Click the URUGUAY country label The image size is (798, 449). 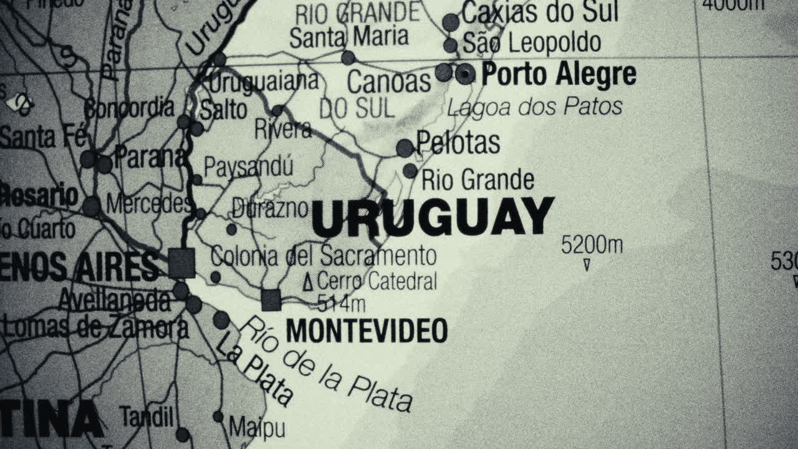[x=433, y=218]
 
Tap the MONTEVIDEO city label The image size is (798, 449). [x=367, y=331]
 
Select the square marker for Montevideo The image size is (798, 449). [x=271, y=300]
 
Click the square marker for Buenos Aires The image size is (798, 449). [x=182, y=263]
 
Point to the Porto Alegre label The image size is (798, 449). [x=559, y=74]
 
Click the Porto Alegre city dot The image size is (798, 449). [x=464, y=74]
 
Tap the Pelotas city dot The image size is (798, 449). [x=405, y=148]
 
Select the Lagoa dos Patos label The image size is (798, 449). [x=535, y=107]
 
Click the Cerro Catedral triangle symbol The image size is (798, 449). [x=307, y=282]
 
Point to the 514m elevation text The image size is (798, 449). [x=341, y=304]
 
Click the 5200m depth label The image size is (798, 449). [x=592, y=245]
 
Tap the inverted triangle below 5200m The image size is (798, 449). [x=587, y=266]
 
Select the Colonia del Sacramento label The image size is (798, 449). [x=324, y=256]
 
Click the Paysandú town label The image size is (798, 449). [x=248, y=167]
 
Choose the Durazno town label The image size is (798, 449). [x=270, y=208]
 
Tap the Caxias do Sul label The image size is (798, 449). [x=540, y=12]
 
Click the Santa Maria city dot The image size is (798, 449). [x=348, y=58]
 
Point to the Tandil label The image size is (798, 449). [x=147, y=416]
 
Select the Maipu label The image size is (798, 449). [x=257, y=428]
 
